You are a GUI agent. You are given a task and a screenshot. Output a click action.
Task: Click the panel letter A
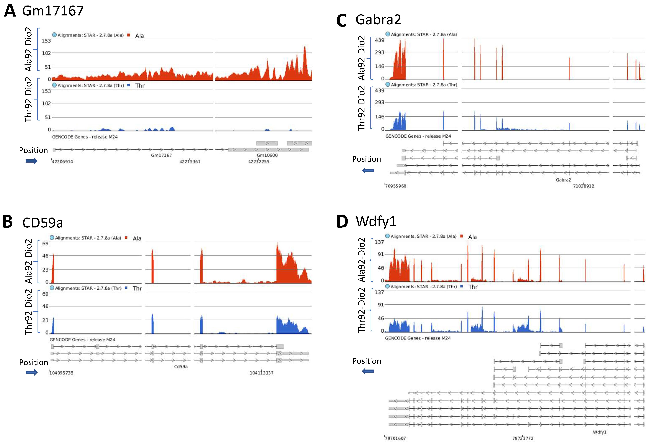click(10, 11)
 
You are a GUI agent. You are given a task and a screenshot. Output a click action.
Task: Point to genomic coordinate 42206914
click(62, 161)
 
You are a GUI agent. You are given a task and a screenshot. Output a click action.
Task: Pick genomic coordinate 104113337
click(262, 373)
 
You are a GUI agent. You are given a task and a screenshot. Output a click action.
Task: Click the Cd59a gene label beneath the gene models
click(181, 366)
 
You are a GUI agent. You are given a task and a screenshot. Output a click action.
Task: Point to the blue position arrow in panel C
click(368, 171)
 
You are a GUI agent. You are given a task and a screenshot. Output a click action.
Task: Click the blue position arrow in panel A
click(31, 161)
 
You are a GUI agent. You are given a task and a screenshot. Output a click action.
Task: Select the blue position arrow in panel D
click(368, 371)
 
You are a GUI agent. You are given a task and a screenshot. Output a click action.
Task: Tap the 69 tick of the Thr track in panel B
click(45, 294)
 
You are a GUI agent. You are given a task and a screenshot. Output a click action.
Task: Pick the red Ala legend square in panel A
click(129, 35)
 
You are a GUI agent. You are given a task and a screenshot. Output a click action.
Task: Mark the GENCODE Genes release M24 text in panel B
click(82, 340)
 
